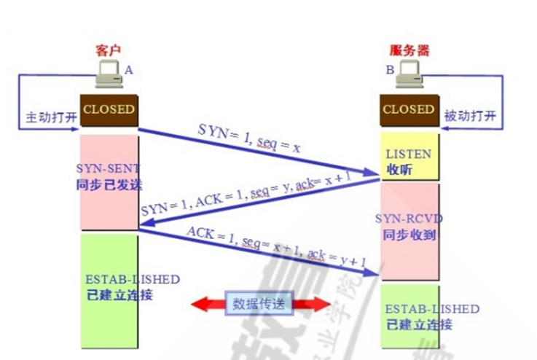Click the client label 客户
coord(107,50)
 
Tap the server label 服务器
coord(409,50)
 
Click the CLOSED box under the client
coord(109,110)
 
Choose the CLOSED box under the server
coord(408,110)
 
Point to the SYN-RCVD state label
coord(409,218)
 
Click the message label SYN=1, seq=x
coord(249,138)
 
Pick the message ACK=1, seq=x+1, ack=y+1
coord(275,247)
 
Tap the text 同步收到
coord(408,235)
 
